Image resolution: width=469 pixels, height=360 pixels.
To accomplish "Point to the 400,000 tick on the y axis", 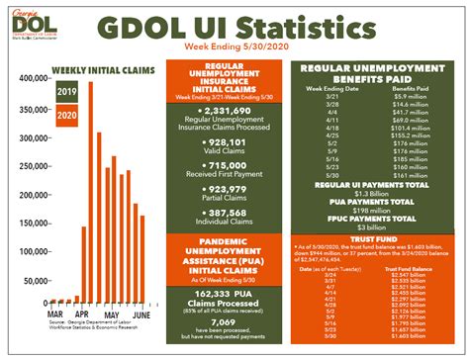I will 34,78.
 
